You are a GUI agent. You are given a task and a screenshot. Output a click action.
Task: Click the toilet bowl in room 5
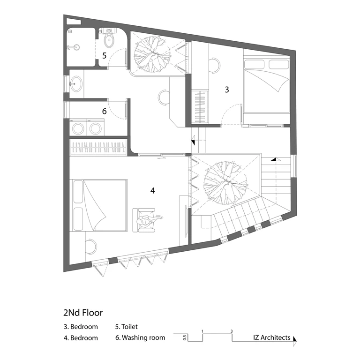(x=109, y=41)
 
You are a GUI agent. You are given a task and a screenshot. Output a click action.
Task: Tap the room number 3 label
(x=227, y=90)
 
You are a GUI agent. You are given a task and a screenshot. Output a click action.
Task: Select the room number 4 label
(x=153, y=190)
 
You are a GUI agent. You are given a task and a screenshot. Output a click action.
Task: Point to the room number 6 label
(x=105, y=112)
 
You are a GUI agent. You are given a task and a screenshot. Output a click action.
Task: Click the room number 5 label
(x=105, y=56)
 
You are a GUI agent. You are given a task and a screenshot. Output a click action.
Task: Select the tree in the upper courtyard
(x=152, y=54)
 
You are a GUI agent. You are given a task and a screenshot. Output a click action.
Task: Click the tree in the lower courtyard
(x=226, y=183)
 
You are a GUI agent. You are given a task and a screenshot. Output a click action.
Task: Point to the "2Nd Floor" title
(x=83, y=313)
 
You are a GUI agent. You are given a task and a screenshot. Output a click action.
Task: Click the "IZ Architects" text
(x=272, y=337)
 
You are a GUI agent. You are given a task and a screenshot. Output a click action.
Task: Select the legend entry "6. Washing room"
(x=140, y=337)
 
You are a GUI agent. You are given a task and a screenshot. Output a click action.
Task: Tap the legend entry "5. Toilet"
(x=127, y=326)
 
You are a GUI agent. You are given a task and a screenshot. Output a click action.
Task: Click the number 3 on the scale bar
(x=232, y=331)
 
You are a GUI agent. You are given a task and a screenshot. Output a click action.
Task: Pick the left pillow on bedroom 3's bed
(x=255, y=64)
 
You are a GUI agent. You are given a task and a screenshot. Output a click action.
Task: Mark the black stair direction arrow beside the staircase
(x=273, y=159)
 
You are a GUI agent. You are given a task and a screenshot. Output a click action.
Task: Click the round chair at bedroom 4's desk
(x=91, y=247)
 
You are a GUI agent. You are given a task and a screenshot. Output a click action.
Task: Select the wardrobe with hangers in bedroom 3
(x=200, y=107)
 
